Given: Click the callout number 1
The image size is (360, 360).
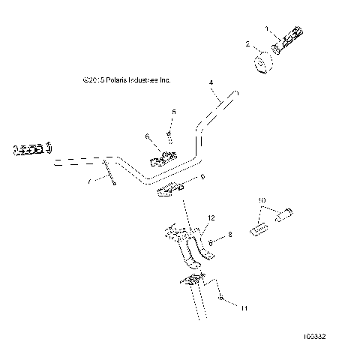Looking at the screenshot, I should [x=265, y=28].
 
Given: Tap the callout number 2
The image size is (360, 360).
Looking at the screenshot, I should [x=248, y=45].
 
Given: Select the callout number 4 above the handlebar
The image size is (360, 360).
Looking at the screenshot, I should [x=211, y=82].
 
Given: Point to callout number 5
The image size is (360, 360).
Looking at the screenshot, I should [x=174, y=112].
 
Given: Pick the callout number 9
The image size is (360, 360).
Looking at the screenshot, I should [x=181, y=178].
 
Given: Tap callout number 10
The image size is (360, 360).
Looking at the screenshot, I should [x=262, y=200].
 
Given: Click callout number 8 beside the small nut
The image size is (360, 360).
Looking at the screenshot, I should [x=230, y=235].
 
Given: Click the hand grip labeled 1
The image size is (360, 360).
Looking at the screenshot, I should [x=289, y=43].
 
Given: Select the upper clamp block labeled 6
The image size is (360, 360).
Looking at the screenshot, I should [x=165, y=158].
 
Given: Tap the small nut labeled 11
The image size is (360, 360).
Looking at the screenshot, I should [x=201, y=299].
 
